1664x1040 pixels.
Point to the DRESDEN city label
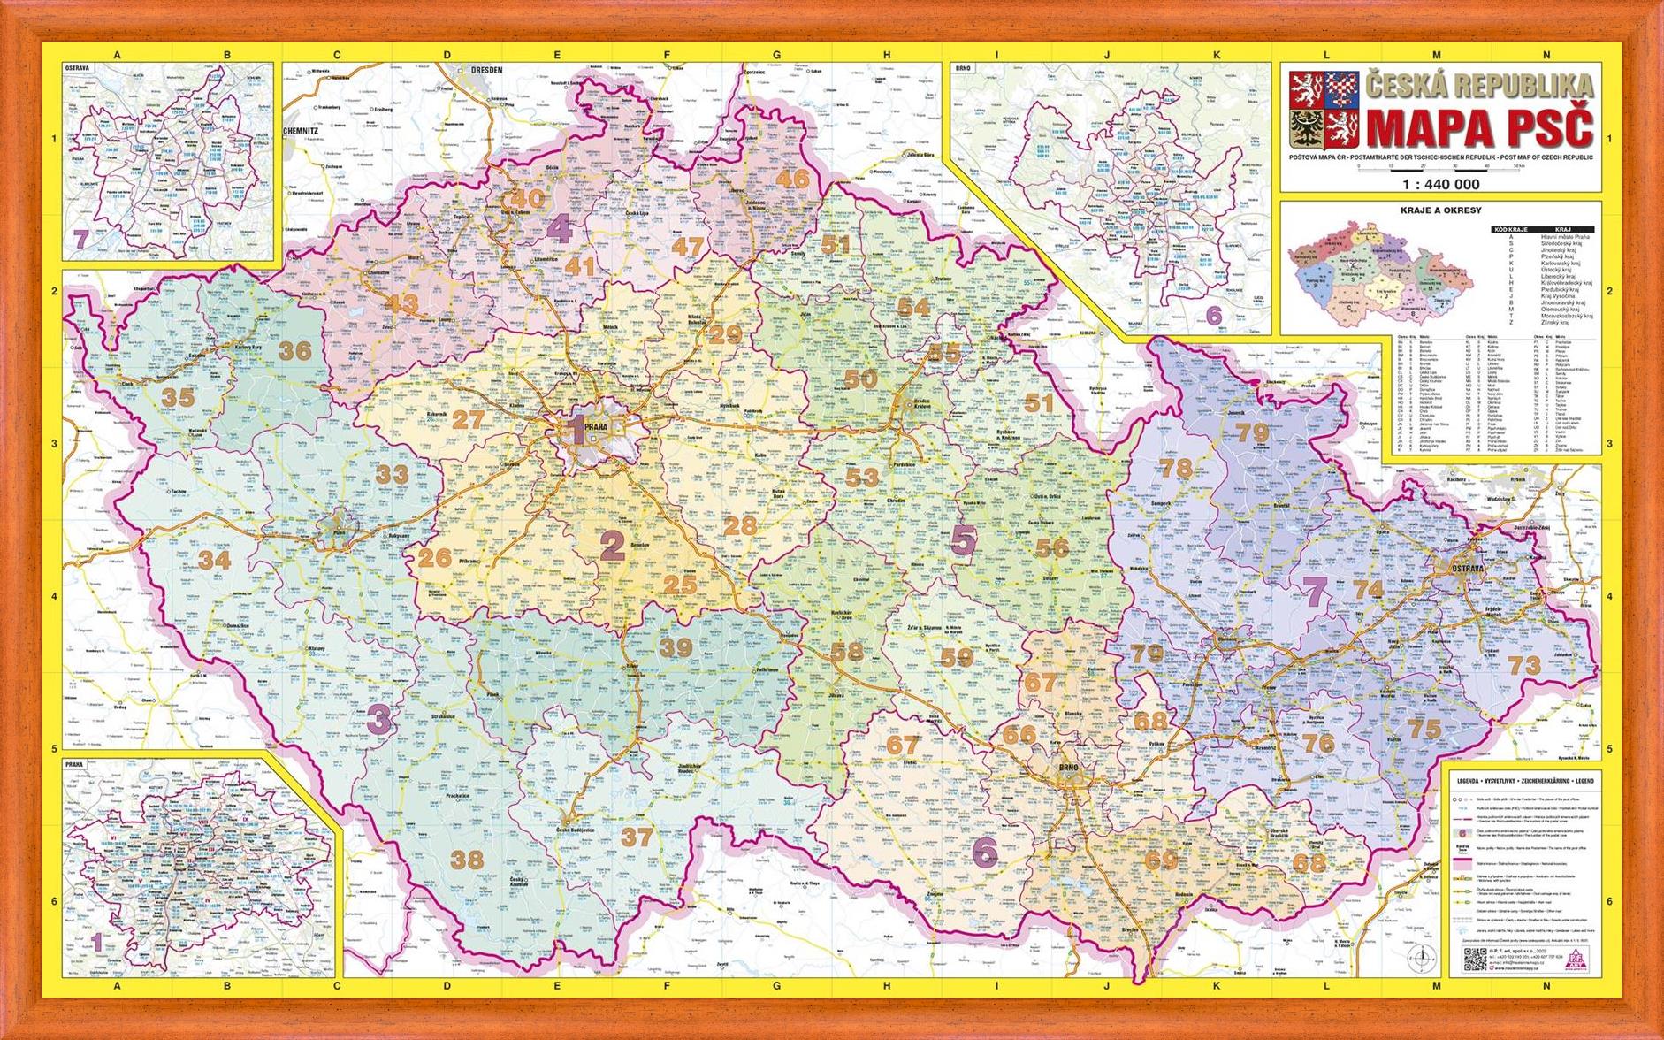[486, 69]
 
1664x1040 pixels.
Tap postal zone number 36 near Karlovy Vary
[295, 350]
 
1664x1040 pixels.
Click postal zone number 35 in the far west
[178, 397]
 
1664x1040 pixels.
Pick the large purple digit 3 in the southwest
[378, 719]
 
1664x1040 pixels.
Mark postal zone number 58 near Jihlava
[845, 653]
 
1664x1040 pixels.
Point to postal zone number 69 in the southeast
[1162, 859]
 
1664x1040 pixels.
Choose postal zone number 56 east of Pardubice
[1052, 547]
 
